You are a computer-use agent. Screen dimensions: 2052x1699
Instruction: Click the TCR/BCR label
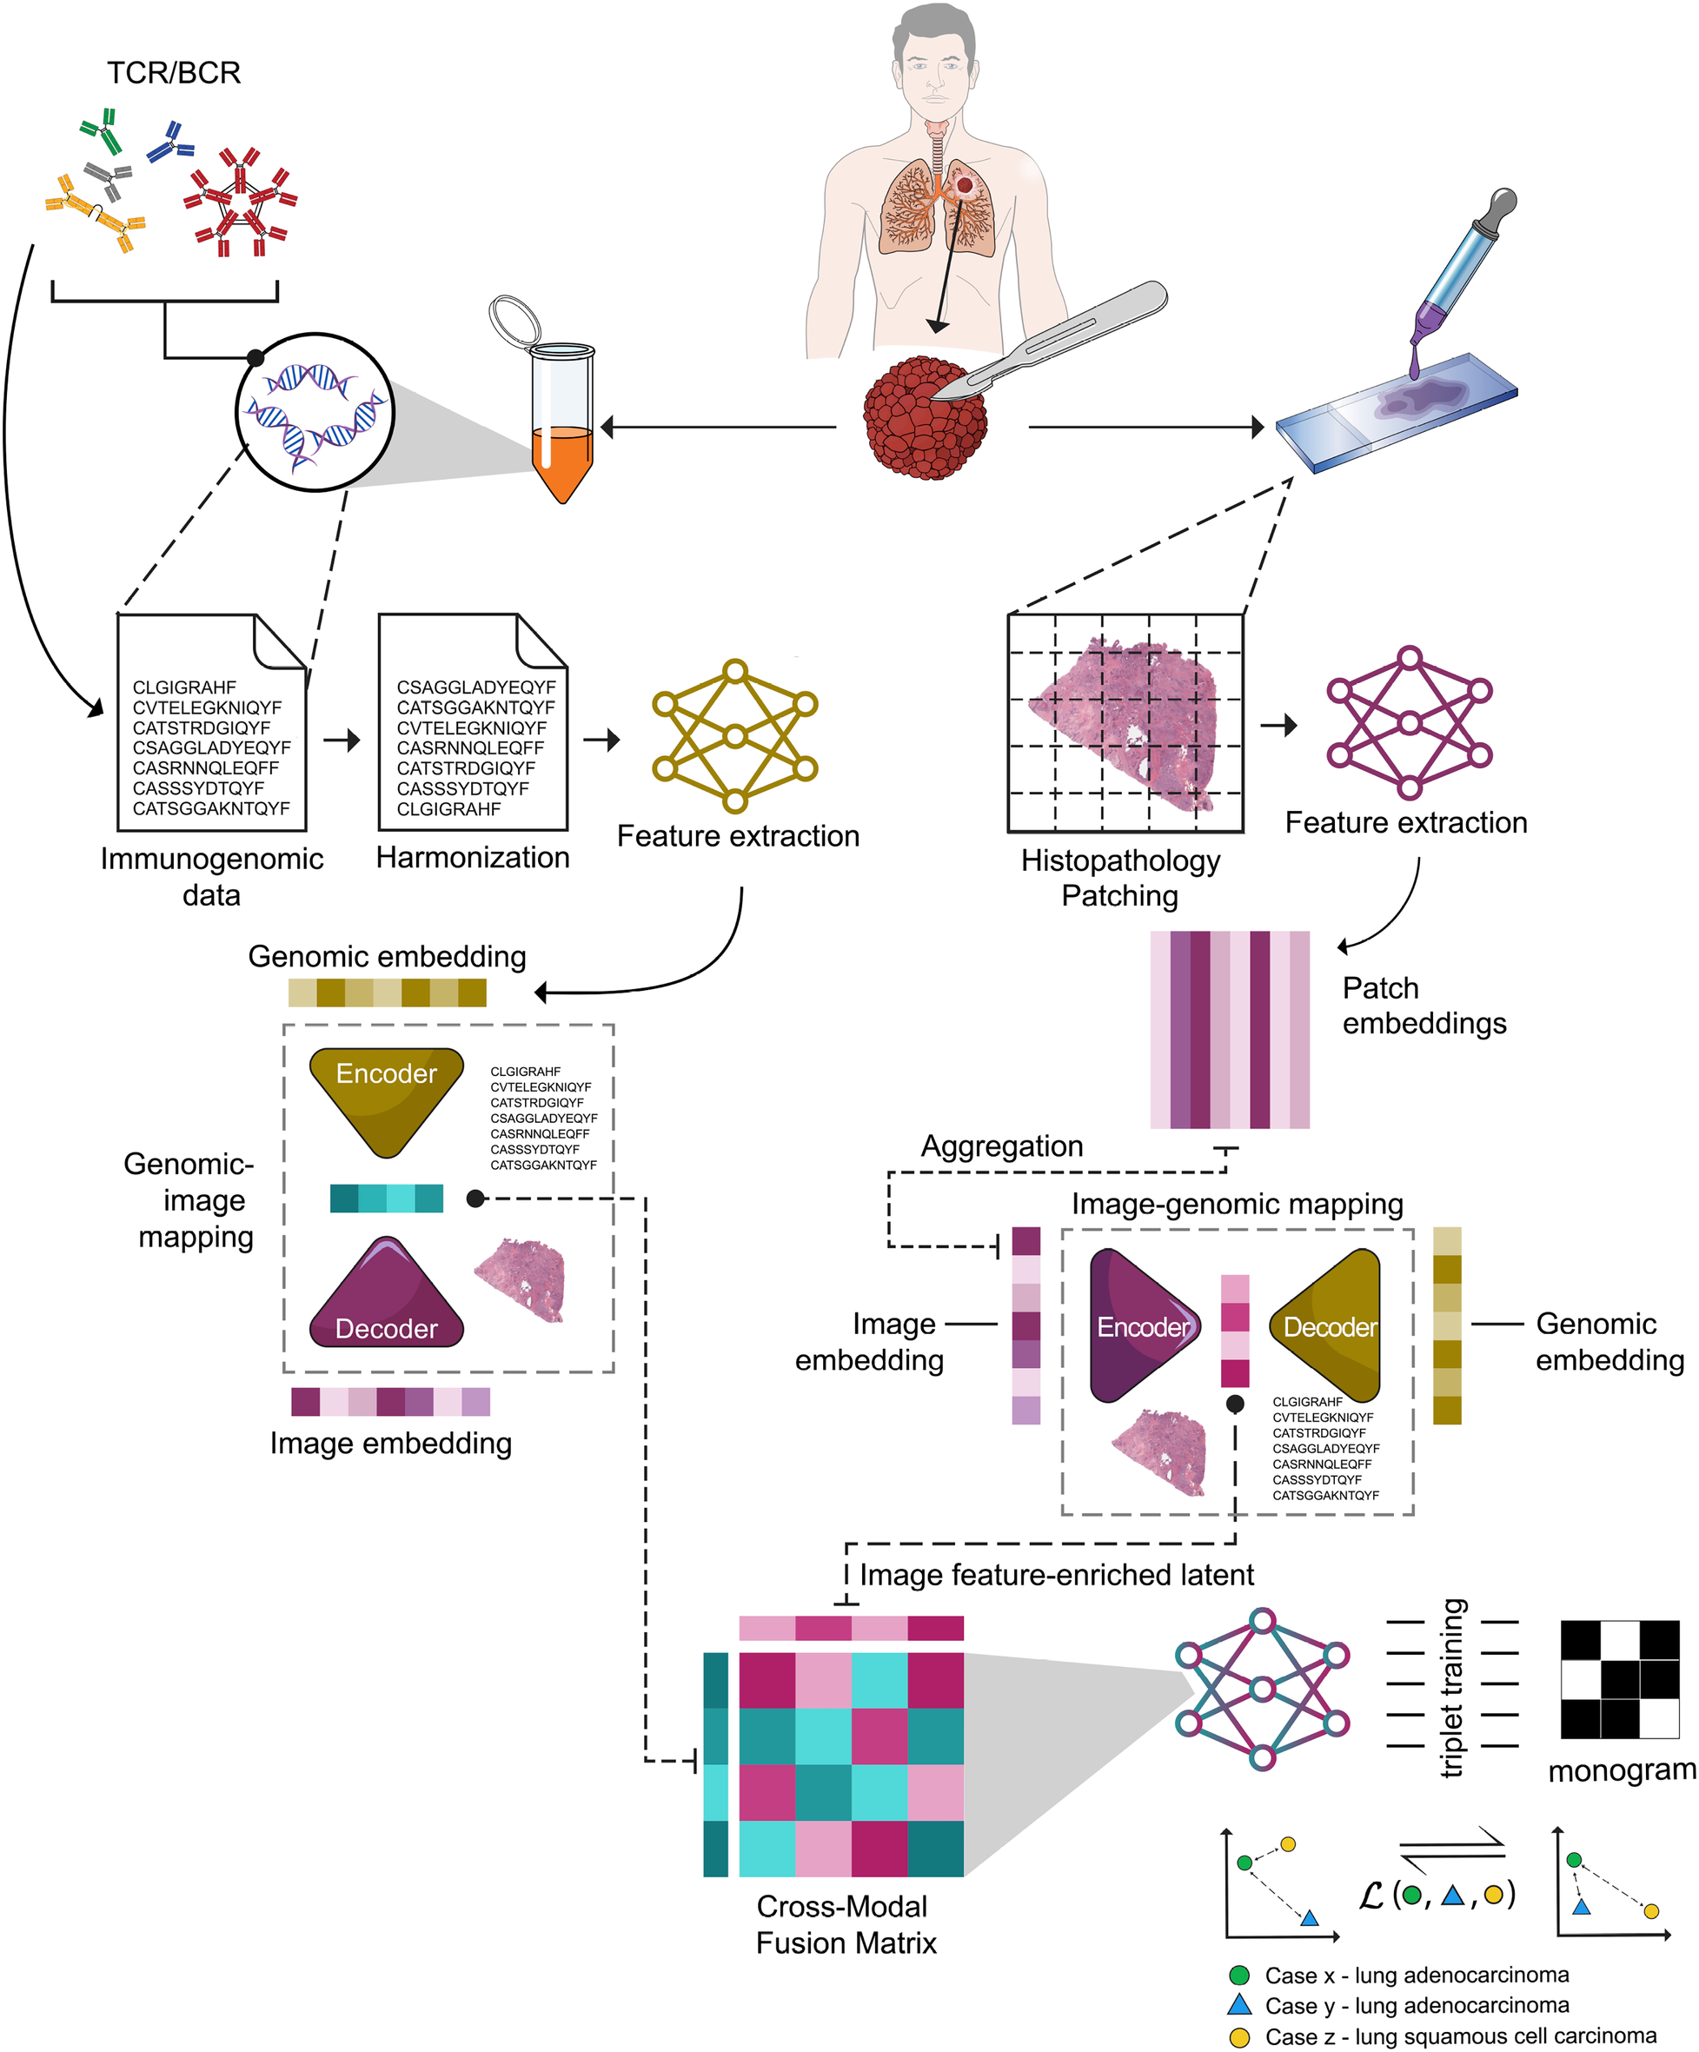coord(173,72)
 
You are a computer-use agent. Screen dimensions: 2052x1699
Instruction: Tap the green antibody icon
coord(102,131)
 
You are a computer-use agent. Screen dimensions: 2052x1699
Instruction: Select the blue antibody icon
coord(170,143)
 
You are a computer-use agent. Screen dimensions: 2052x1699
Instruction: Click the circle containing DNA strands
coord(314,411)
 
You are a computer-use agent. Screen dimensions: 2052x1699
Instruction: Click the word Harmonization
coord(473,857)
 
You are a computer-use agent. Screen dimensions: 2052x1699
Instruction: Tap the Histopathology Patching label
coord(1119,878)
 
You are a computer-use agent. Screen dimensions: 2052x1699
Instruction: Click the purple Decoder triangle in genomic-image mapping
coord(386,1298)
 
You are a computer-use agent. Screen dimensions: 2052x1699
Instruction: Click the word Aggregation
coord(1001,1146)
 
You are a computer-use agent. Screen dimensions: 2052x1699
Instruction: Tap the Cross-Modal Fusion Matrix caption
coord(845,1924)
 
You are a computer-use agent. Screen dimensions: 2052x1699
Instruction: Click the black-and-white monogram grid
coord(1619,1679)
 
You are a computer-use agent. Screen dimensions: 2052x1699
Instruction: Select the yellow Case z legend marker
coord(1238,2036)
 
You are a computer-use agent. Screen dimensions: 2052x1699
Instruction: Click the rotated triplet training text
coord(1453,1687)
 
